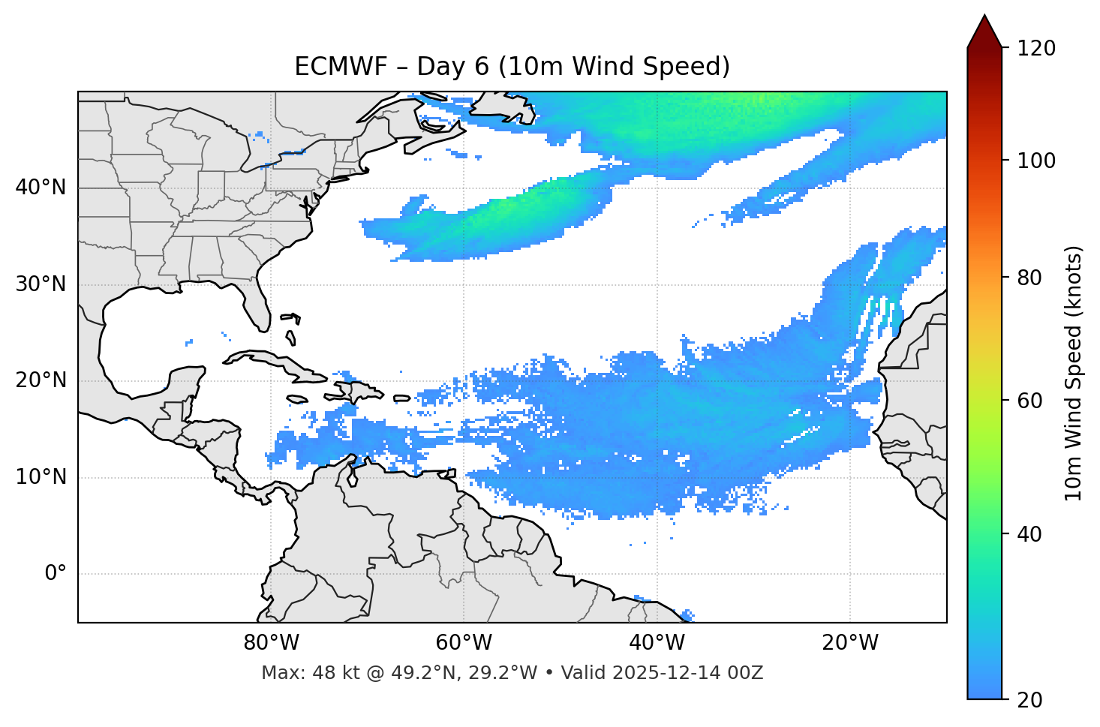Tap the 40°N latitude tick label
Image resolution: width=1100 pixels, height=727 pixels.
[41, 188]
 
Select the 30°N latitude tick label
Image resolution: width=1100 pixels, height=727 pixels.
[41, 284]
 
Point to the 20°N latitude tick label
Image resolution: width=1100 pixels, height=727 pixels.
[41, 380]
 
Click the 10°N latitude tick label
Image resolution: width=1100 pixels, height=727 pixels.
[41, 477]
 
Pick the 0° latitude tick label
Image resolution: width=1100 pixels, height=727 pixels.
[56, 574]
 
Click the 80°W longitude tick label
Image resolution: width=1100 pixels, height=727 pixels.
[271, 643]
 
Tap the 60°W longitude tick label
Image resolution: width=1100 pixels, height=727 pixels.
[464, 643]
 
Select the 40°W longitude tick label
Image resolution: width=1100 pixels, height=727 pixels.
[657, 643]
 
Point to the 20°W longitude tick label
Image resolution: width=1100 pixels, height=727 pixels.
[849, 643]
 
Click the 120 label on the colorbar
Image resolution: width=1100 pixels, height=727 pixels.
[1038, 49]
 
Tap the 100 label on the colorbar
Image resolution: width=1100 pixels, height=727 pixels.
[1038, 161]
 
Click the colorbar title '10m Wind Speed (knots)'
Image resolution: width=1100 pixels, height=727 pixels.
[1074, 373]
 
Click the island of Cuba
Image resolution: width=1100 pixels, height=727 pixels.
[278, 364]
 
